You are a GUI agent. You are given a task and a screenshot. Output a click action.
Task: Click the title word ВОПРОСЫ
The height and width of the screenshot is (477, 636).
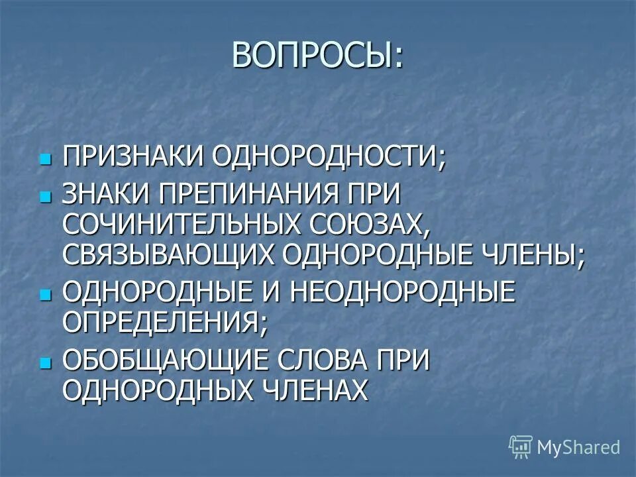pos(312,55)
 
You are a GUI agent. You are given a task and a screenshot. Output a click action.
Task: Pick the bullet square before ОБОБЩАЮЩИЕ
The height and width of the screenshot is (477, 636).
pos(45,363)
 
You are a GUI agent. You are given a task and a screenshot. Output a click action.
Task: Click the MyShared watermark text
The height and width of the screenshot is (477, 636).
pos(578,447)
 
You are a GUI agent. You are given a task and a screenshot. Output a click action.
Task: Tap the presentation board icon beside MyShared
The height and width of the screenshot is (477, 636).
pos(521,447)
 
